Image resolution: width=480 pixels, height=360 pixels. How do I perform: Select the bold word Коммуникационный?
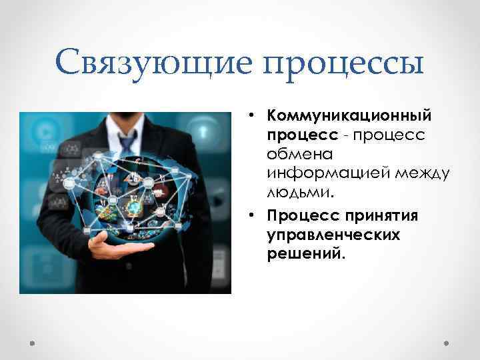(x=349, y=116)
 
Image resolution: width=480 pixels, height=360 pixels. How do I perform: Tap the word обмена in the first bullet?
(x=294, y=154)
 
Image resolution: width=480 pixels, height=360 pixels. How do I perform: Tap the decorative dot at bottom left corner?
(x=33, y=343)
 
